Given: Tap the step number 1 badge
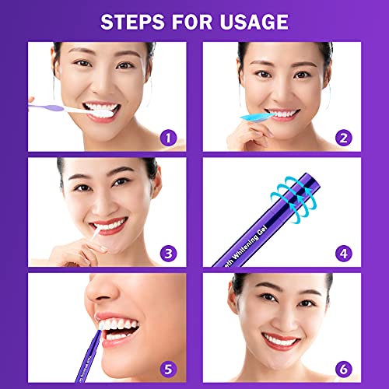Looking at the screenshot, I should [165, 138].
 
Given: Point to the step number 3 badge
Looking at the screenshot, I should [165, 253].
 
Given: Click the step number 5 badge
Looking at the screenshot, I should [165, 367].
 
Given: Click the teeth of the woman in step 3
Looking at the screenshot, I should [108, 226].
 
